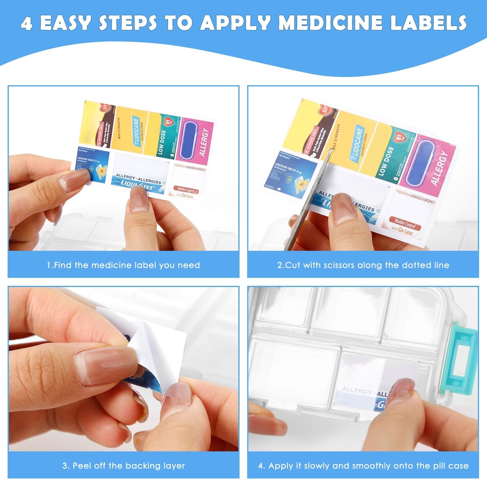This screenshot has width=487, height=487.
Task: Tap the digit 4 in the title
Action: coord(27,23)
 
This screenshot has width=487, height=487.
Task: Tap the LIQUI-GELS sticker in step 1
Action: coord(140,177)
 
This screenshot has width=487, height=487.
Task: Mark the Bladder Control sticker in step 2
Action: coord(409,213)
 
